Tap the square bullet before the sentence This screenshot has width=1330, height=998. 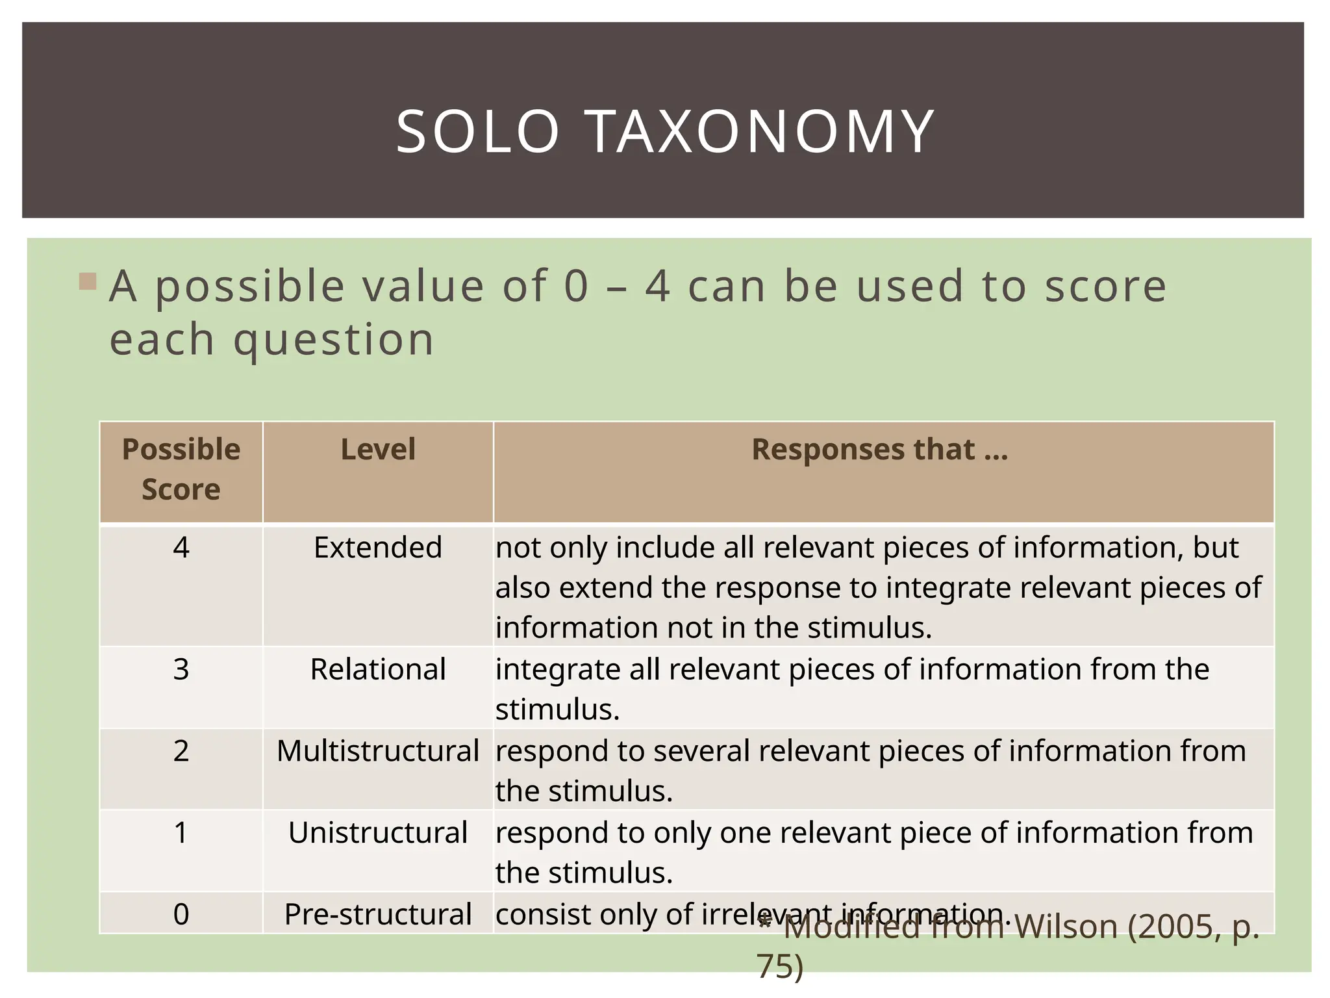pyautogui.click(x=88, y=282)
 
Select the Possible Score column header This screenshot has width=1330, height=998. pyautogui.click(x=181, y=470)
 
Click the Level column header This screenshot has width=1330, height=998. pyautogui.click(x=378, y=450)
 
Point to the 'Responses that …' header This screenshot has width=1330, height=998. pyautogui.click(x=880, y=450)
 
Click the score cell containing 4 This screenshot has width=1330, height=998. pyautogui.click(x=181, y=548)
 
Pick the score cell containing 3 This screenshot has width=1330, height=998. pyautogui.click(x=181, y=669)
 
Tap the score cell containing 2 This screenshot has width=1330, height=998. pyautogui.click(x=181, y=751)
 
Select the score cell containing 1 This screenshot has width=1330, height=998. pyautogui.click(x=181, y=833)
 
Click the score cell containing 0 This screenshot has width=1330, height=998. pyautogui.click(x=181, y=914)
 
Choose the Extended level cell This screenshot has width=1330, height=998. pyautogui.click(x=378, y=548)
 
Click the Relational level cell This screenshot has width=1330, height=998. pyautogui.click(x=378, y=669)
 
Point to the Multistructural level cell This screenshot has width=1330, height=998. pyautogui.click(x=378, y=751)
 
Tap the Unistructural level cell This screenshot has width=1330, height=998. pyautogui.click(x=378, y=833)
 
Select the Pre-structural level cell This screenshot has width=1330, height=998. pyautogui.click(x=378, y=914)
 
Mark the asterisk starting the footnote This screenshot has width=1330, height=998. pyautogui.click(x=765, y=923)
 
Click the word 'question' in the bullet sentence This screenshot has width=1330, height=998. pyautogui.click(x=334, y=340)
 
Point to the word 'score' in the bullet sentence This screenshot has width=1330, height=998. pyautogui.click(x=1105, y=287)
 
